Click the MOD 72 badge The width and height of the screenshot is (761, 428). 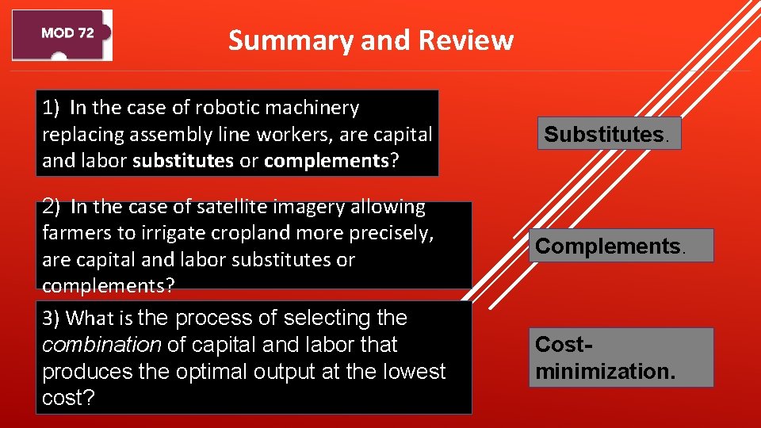point(62,34)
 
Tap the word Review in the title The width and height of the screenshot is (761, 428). point(466,40)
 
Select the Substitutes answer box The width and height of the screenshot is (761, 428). point(609,134)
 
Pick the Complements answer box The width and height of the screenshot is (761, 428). point(624,246)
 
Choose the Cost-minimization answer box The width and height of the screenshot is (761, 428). point(621,357)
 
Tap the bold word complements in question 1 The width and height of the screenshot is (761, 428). point(326,161)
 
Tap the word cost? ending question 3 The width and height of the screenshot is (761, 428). point(68,399)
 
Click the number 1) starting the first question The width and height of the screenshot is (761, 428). point(52,107)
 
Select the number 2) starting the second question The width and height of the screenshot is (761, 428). point(52,207)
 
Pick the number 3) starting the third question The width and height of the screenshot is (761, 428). point(52,319)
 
